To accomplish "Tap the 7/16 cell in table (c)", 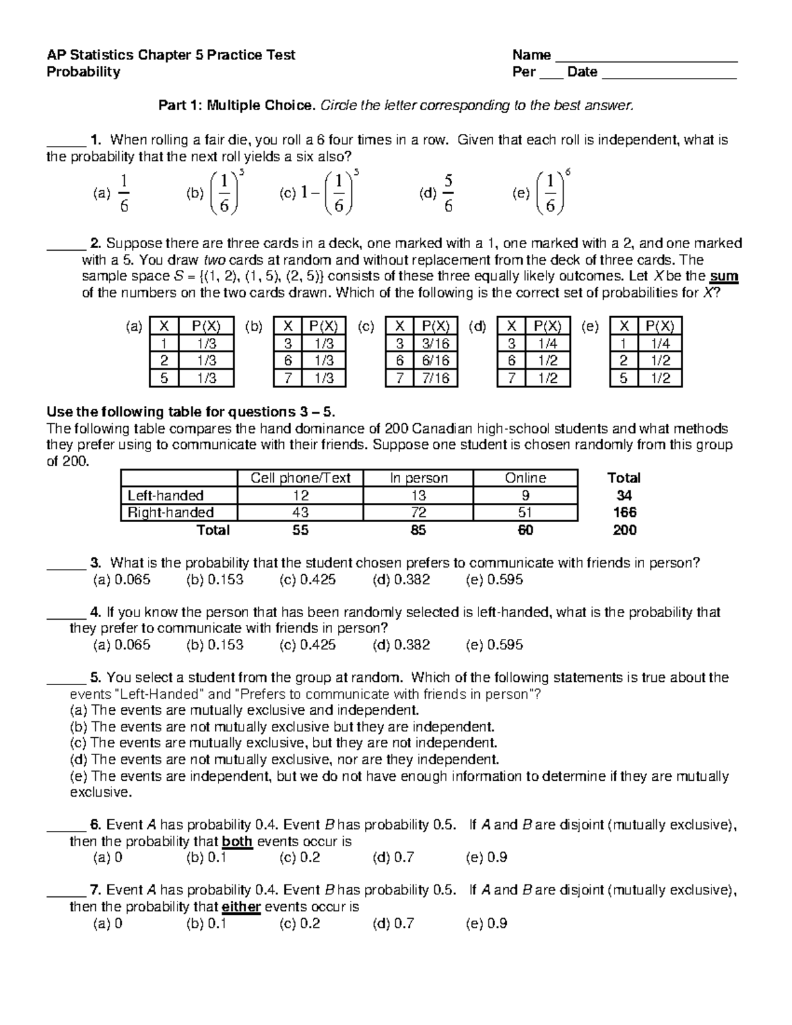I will pos(436,378).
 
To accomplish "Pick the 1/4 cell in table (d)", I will pos(548,343).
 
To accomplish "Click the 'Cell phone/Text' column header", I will pos(300,478).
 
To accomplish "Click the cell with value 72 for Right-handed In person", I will pos(418,512).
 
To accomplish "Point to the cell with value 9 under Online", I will pos(525,495).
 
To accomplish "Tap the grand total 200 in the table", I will pos(624,530).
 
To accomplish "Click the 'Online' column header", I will pos(525,478).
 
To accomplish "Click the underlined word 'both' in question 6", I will pos(238,842).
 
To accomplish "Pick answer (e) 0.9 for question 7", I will pos(486,923).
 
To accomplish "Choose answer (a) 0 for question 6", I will pos(108,858).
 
